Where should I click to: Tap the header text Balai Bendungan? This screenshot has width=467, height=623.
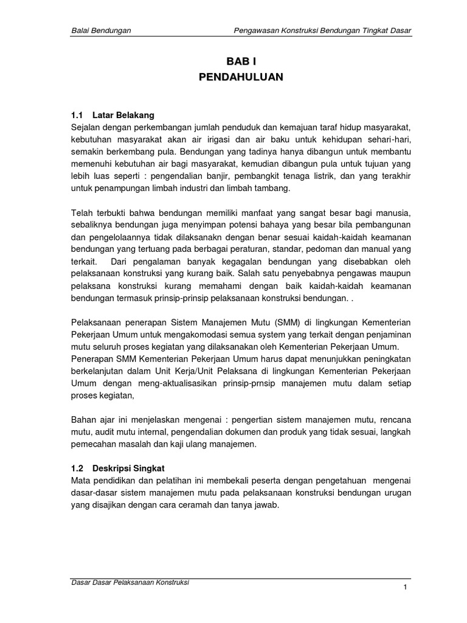(x=102, y=30)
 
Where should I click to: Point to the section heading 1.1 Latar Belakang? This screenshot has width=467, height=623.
(x=113, y=115)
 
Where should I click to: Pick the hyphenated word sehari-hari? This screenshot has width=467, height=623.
(x=389, y=139)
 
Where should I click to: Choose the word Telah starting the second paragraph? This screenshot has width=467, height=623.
(x=83, y=213)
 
